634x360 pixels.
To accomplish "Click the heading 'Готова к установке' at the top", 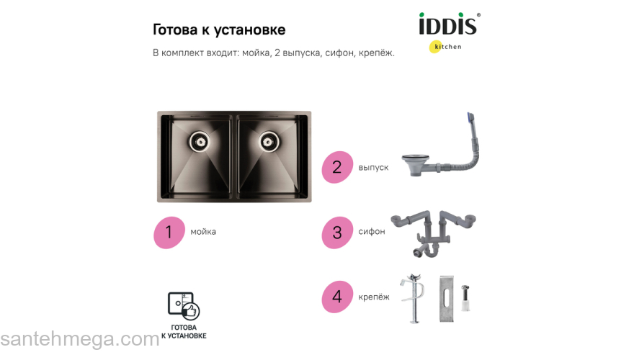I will point(219,30).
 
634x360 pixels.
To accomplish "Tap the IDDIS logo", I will point(448,25).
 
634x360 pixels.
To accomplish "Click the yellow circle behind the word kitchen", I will point(435,48).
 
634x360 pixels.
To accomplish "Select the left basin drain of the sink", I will point(200,141).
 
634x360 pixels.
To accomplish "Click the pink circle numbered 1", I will point(169,232).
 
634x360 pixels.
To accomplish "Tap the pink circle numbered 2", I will point(336,167).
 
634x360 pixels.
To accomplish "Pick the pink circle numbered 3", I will point(336,232).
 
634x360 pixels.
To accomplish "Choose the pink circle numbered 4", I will point(336,297).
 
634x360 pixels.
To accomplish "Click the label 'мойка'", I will point(203,232).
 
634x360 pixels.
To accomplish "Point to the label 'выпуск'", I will point(373,167).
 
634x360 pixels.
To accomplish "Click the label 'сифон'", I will point(372,232).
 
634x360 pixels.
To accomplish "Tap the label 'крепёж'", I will point(374,297).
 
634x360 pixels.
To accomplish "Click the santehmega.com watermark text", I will point(79,339).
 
